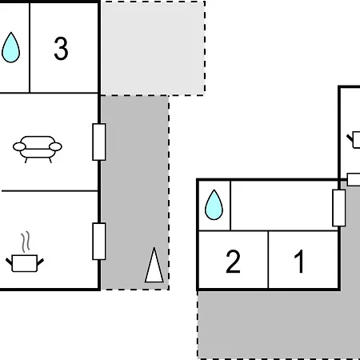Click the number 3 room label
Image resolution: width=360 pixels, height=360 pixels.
[x=61, y=48]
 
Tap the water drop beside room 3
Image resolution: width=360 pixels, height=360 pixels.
[x=10, y=47]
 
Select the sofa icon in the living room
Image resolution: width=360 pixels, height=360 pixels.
[x=38, y=149]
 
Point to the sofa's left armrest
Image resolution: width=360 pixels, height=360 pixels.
[x=19, y=146]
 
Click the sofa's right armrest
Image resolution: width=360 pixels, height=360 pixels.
[x=55, y=146]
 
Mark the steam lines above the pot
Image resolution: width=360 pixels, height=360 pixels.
[x=26, y=242]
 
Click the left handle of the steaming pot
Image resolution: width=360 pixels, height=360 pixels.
[x=9, y=262]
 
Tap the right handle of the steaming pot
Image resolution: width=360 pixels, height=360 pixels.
[x=40, y=262]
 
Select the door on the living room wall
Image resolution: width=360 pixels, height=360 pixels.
[x=99, y=142]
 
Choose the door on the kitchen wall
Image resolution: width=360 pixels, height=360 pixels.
[x=99, y=241]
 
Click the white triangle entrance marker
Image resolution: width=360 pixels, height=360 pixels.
[x=154, y=265]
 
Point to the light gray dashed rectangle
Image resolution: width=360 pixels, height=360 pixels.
[x=153, y=48]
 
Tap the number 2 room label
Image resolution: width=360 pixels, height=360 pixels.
[x=233, y=262]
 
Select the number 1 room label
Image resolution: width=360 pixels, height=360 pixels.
[x=299, y=262]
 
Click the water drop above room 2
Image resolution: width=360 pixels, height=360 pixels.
[x=214, y=205]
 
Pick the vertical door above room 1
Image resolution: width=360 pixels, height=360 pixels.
[x=339, y=208]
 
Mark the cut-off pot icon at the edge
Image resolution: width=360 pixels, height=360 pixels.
[x=354, y=140]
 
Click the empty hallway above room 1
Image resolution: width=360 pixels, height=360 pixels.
[x=282, y=206]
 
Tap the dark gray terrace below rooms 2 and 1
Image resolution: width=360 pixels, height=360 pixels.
[x=278, y=325]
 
